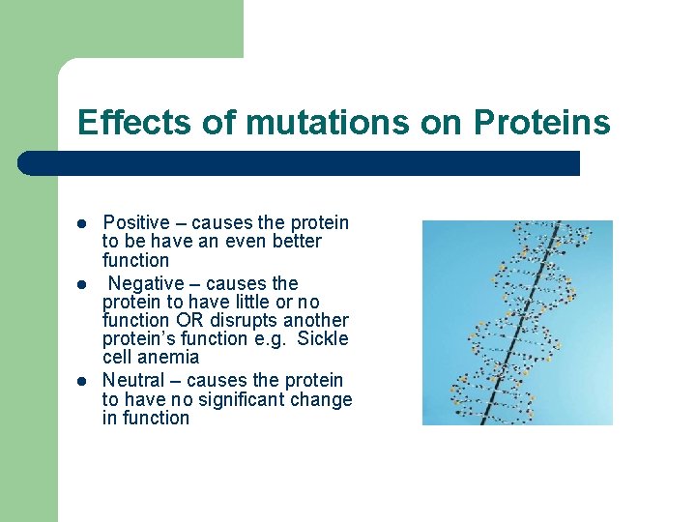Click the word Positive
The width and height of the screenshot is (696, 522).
click(x=134, y=223)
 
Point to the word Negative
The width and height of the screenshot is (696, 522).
click(x=145, y=283)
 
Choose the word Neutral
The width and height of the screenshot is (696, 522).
click(x=133, y=380)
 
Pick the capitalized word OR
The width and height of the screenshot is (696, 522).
click(x=189, y=320)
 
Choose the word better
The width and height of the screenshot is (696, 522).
click(x=296, y=242)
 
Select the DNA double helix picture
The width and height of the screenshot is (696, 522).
click(x=517, y=323)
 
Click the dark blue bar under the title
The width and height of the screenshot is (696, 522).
click(x=300, y=163)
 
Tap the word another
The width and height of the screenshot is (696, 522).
click(x=315, y=320)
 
